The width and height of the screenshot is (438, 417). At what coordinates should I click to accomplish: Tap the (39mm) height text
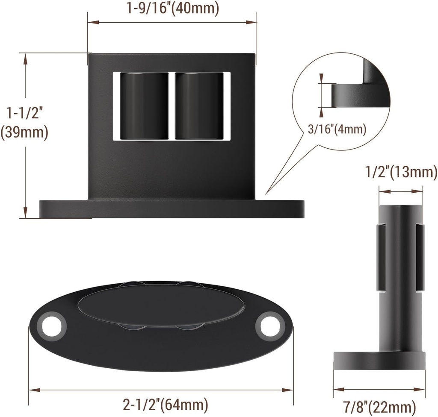[24, 132]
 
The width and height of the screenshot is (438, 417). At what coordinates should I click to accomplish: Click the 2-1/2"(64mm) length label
[165, 404]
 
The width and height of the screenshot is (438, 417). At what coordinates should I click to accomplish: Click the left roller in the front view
[143, 106]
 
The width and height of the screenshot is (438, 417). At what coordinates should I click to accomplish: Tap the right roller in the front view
[199, 106]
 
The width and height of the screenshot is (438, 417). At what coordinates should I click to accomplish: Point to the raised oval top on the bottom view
[161, 305]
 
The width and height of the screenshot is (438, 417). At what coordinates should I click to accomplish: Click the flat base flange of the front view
[171, 208]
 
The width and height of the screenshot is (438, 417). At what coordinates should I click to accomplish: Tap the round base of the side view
[379, 359]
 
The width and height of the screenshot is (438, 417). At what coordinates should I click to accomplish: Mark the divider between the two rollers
[172, 106]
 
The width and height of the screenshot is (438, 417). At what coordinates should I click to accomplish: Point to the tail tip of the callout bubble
[266, 195]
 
